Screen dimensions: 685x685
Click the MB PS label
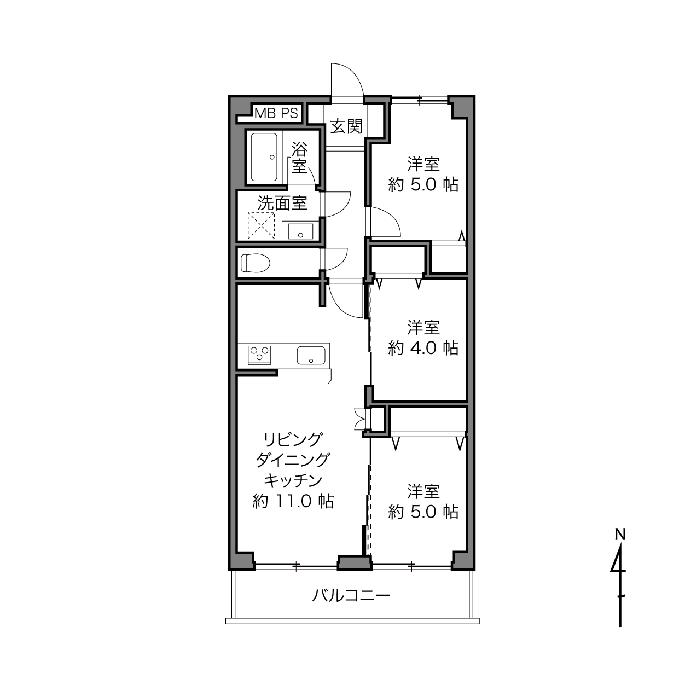pyautogui.click(x=276, y=113)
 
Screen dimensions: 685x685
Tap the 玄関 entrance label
pyautogui.click(x=346, y=126)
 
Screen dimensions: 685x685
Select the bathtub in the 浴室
pyautogui.click(x=264, y=157)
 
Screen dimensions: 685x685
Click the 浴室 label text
pyautogui.click(x=299, y=158)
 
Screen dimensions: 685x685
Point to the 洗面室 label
pyautogui.click(x=283, y=203)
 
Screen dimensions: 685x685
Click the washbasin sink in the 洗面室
pyautogui.click(x=300, y=231)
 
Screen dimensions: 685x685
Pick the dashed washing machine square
pyautogui.click(x=261, y=226)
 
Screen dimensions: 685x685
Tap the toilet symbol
pyautogui.click(x=255, y=263)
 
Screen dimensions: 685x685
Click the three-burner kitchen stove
pyautogui.click(x=259, y=355)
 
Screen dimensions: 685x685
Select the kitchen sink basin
pyautogui.click(x=311, y=355)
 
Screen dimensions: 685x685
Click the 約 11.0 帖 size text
pyautogui.click(x=293, y=501)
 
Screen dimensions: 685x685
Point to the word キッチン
pyautogui.click(x=293, y=480)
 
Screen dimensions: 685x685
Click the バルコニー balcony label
pyautogui.click(x=351, y=595)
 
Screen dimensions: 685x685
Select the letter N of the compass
pyautogui.click(x=620, y=535)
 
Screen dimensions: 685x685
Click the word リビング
pyautogui.click(x=293, y=439)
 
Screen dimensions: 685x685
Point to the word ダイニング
pyautogui.click(x=293, y=460)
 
